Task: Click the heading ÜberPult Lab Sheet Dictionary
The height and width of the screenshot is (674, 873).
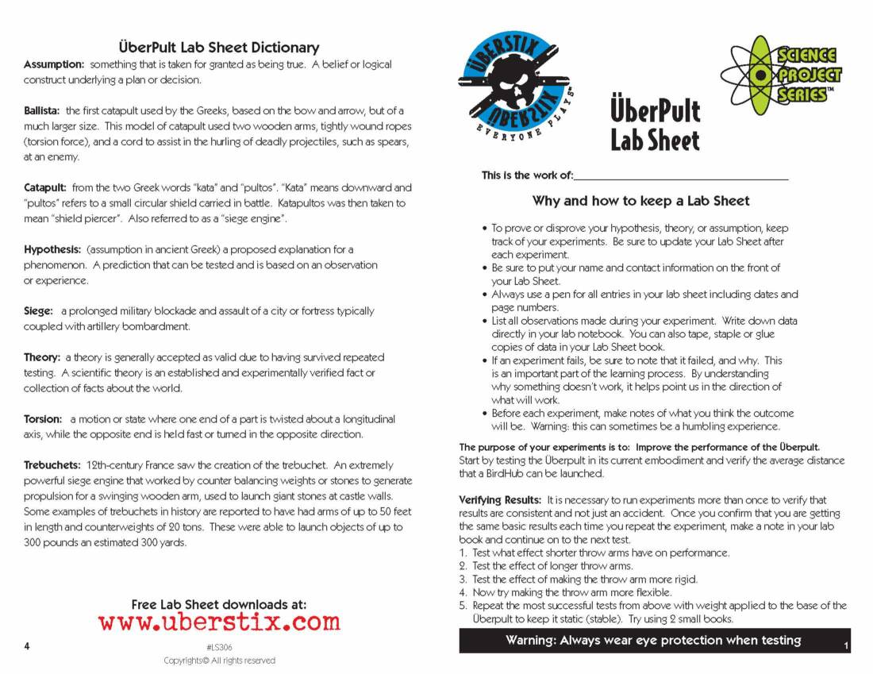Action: [x=218, y=48]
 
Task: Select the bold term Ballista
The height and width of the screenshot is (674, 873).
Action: [x=42, y=111]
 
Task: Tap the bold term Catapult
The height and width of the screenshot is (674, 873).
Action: [x=45, y=188]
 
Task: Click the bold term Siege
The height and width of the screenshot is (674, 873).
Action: [x=39, y=311]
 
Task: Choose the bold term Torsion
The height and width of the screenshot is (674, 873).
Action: [x=43, y=419]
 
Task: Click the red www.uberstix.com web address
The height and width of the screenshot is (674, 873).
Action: [x=219, y=622]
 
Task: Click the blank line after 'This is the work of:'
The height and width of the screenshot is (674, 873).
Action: [x=681, y=176]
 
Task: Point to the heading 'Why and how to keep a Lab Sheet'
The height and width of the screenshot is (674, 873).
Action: [x=640, y=201]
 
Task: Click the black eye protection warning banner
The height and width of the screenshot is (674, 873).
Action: [x=653, y=641]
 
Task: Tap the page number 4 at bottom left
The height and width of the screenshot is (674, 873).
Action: [x=27, y=646]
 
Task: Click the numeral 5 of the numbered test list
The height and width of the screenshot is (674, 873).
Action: [x=463, y=606]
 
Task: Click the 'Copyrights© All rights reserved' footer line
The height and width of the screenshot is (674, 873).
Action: [x=219, y=661]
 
